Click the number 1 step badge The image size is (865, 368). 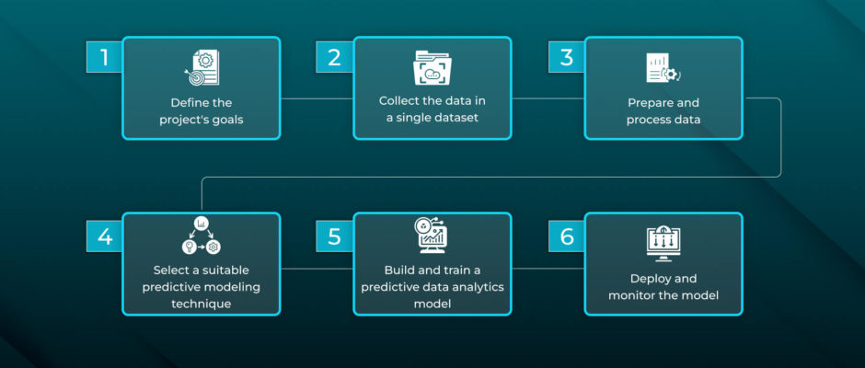[104, 57]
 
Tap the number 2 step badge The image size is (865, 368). [334, 57]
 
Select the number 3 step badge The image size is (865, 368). [566, 57]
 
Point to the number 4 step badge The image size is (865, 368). [104, 236]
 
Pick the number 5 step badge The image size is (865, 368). [334, 236]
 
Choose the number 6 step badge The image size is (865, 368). [566, 236]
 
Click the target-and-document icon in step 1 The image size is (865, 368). [202, 68]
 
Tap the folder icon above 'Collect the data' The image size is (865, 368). [432, 68]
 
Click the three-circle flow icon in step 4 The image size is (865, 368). [202, 236]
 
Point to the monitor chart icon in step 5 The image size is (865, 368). [432, 235]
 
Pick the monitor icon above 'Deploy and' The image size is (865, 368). [663, 245]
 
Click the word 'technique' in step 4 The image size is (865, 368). [202, 304]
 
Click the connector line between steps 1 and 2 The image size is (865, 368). [317, 99]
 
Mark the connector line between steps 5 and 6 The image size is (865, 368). [548, 269]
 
